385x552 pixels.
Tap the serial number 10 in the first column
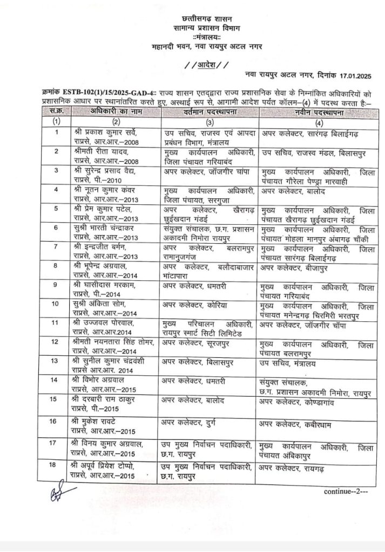pos(55,304)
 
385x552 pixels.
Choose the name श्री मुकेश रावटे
pos(100,423)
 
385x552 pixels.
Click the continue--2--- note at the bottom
pos(346,492)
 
